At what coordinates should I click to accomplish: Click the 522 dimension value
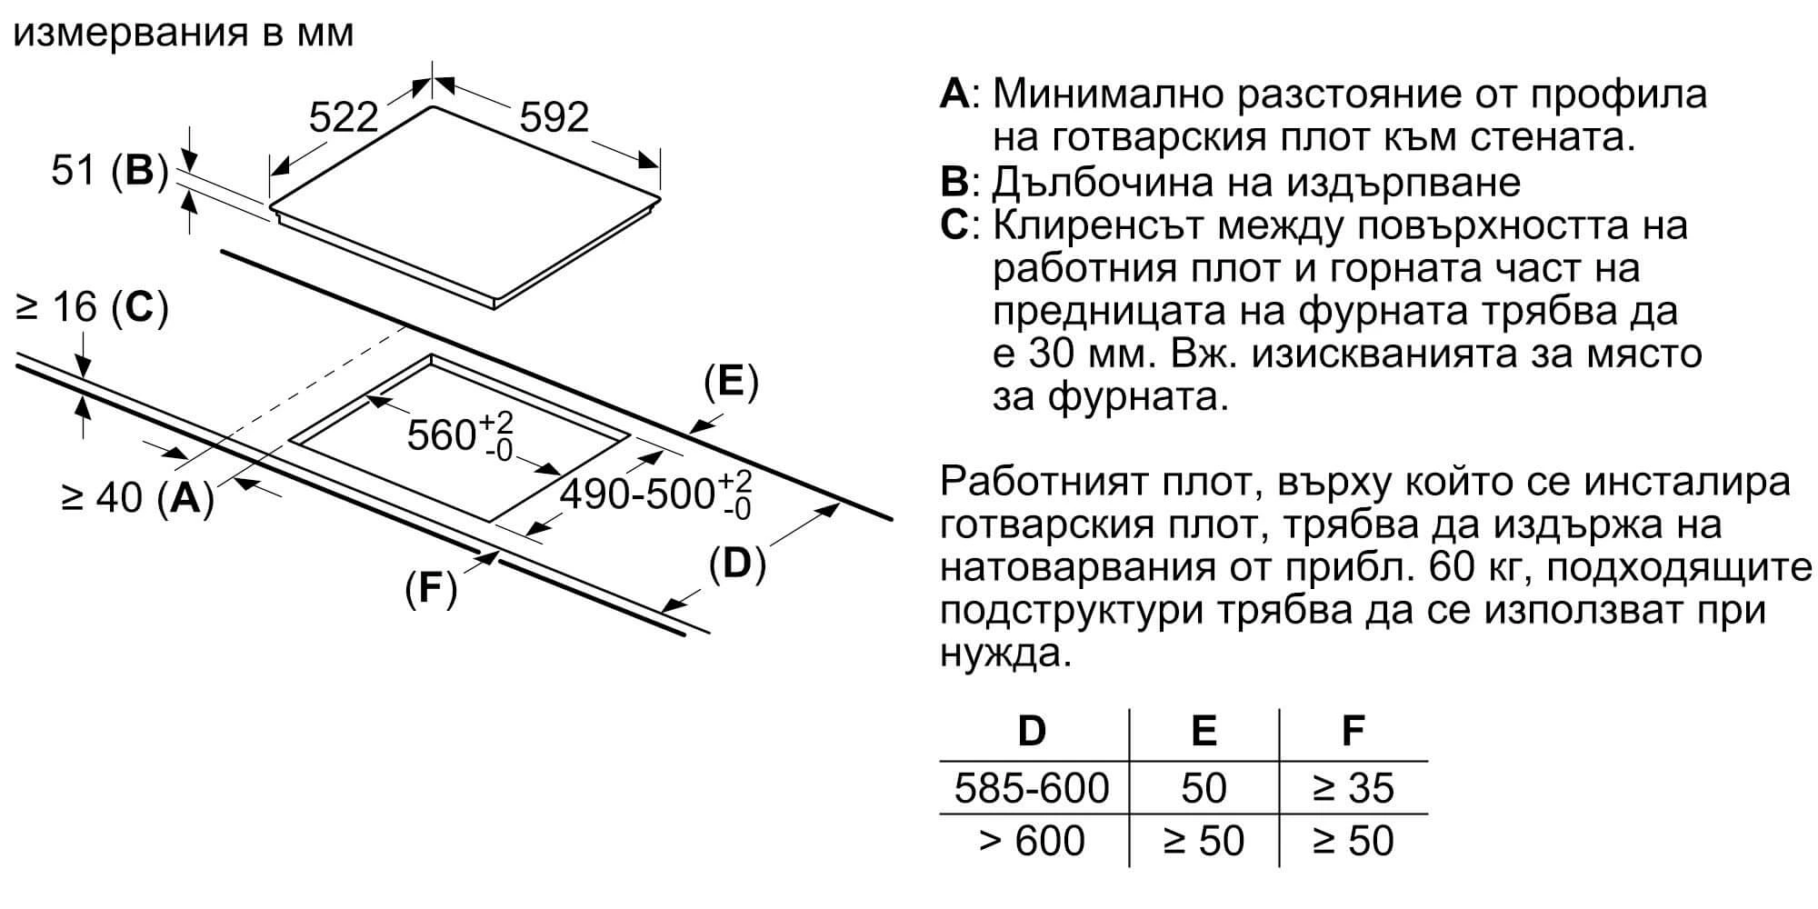[343, 117]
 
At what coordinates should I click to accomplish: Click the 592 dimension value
[554, 117]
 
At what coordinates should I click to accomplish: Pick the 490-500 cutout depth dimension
[655, 494]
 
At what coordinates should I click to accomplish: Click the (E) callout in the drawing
[731, 382]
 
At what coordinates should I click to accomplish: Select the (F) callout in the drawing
[430, 590]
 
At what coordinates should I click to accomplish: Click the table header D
[1032, 731]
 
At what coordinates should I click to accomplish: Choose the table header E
[1204, 731]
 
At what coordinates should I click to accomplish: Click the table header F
[1354, 731]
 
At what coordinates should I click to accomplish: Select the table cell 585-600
[1032, 788]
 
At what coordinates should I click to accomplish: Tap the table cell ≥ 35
[1354, 788]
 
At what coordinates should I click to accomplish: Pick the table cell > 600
[1032, 841]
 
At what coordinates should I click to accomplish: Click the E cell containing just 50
[1204, 788]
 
